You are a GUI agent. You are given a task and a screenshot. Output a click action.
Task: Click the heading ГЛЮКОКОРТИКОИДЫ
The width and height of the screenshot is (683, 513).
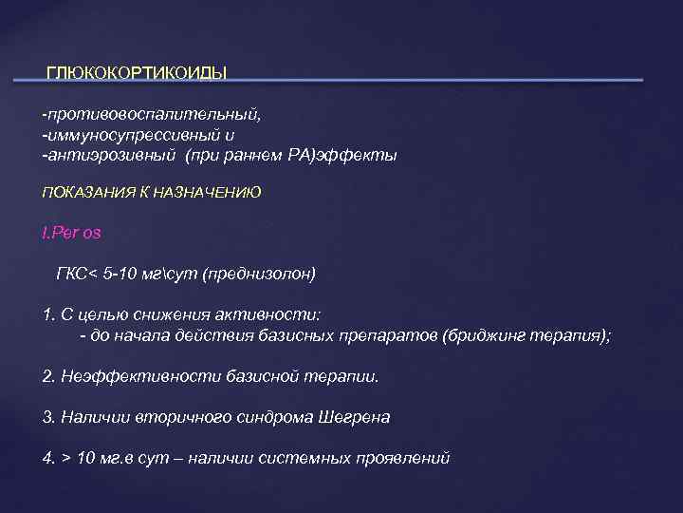[x=137, y=73]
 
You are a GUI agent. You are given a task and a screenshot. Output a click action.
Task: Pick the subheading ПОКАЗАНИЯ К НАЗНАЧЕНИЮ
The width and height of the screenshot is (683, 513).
[x=151, y=193]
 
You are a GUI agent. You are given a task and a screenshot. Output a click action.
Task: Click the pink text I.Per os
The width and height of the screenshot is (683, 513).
[x=72, y=234]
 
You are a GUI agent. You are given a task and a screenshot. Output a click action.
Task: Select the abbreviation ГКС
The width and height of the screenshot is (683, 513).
[x=71, y=274]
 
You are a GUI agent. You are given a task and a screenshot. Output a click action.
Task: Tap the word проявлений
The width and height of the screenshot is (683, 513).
[x=400, y=457]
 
